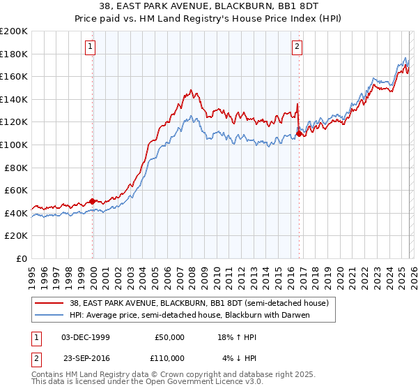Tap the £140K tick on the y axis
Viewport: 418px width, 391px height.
pos(14,99)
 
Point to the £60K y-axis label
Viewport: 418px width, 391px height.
pos(16,190)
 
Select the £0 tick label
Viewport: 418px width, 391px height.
pos(22,258)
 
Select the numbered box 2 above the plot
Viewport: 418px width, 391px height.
pos(297,47)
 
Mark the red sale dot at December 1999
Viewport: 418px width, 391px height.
pos(93,201)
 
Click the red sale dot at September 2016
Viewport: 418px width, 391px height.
pos(299,133)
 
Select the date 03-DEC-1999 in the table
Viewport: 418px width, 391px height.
pos(86,337)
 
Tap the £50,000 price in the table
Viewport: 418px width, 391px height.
pos(169,337)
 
